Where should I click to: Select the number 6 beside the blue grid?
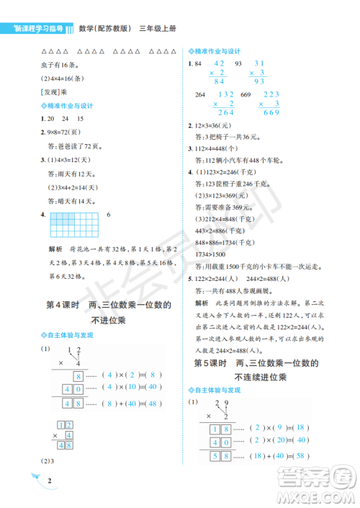coord(108,215)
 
